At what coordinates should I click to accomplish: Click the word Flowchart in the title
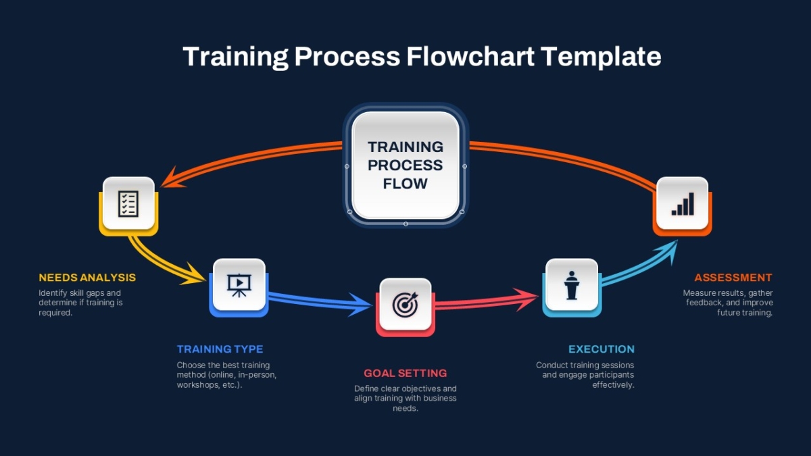[470, 56]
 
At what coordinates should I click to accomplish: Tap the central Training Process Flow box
[405, 165]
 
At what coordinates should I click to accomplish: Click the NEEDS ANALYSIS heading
[87, 278]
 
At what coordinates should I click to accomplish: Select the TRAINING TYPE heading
[220, 349]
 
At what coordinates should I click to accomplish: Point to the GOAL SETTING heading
[405, 373]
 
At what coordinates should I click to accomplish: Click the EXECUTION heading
[601, 349]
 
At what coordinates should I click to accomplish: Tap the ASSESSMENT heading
[733, 278]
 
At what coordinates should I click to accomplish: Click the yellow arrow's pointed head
[195, 278]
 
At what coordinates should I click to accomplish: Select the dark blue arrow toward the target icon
[320, 301]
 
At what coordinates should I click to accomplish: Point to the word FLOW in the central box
[405, 184]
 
